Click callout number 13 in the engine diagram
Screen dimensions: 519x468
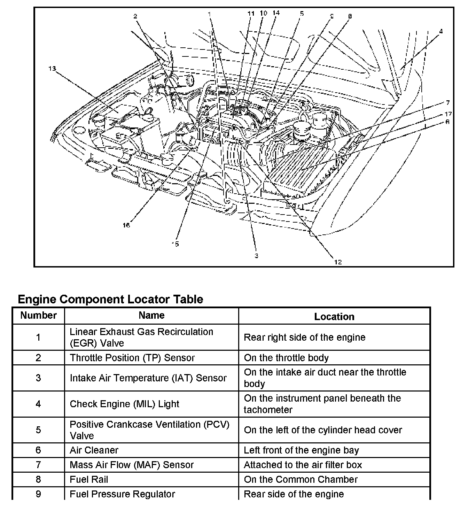52,69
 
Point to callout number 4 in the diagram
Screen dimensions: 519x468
441,31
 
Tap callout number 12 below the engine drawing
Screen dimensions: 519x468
338,262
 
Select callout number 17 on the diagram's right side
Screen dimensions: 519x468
448,114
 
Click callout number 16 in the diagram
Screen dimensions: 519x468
126,225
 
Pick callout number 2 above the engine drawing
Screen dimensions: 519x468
135,16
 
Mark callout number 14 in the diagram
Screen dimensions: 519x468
276,13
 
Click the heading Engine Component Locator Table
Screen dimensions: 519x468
110,299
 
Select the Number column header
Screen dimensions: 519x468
38,316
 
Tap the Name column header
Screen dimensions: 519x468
151,316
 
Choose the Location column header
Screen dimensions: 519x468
334,317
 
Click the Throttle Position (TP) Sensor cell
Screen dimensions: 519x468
132,358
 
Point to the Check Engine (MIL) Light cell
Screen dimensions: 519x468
124,404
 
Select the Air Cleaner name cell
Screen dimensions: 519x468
94,450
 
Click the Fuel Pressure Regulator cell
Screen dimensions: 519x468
122,494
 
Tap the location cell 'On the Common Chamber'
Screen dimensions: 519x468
301,479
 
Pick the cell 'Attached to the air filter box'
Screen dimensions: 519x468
303,465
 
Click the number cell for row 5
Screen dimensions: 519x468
38,430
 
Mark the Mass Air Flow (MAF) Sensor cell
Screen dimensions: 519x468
132,465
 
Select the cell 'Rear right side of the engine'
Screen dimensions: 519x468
305,337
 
